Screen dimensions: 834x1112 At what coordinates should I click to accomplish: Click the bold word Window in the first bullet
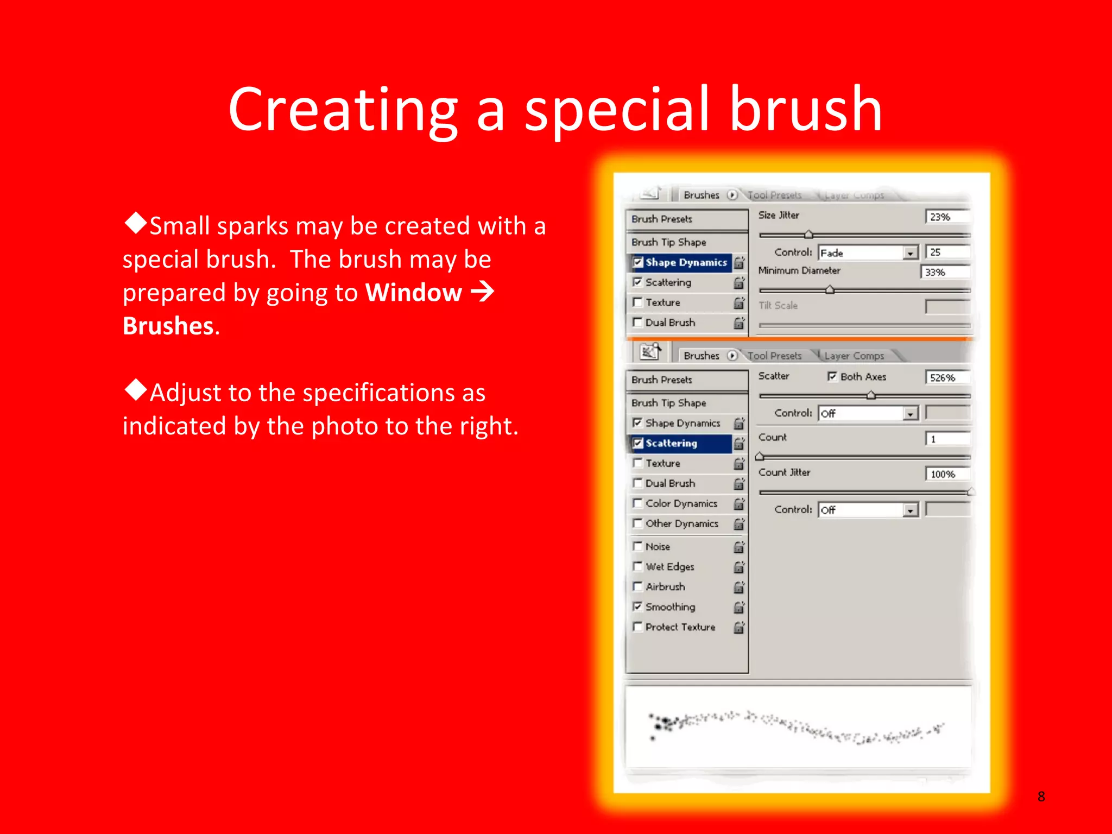[413, 293]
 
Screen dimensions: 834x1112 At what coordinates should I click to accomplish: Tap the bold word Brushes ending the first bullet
[168, 326]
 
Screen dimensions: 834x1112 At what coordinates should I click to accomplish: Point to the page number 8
[1041, 797]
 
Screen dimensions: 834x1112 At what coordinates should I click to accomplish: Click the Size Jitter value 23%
[946, 217]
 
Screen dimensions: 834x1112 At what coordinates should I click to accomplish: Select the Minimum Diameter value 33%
[944, 272]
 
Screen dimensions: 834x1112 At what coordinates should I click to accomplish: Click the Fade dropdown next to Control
[868, 253]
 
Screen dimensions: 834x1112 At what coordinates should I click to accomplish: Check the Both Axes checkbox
[832, 376]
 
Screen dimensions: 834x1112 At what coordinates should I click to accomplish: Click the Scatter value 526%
[946, 378]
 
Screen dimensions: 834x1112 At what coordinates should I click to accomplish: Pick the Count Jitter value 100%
[946, 474]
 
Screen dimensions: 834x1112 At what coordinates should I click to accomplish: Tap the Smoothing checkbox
[638, 606]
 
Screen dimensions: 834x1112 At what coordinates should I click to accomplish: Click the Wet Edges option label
[669, 567]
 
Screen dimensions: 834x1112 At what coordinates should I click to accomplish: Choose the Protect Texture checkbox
[638, 627]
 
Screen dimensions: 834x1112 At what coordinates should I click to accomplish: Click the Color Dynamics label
[681, 504]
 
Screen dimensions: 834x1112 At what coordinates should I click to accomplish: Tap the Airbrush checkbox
[638, 586]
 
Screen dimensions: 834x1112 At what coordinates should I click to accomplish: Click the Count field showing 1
[946, 439]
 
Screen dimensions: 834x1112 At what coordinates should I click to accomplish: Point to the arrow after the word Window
[482, 292]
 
